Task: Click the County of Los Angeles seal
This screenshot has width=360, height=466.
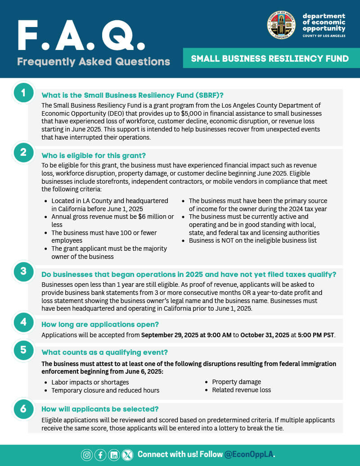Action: click(x=281, y=25)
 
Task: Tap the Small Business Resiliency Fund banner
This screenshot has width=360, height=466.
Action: click(x=270, y=59)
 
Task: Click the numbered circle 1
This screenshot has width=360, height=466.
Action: click(x=23, y=93)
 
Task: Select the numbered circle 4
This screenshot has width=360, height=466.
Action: click(x=23, y=322)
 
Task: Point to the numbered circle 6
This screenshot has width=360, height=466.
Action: click(x=23, y=408)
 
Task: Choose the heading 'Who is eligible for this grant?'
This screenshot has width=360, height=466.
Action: click(x=94, y=156)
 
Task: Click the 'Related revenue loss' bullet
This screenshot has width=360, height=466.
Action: click(x=242, y=390)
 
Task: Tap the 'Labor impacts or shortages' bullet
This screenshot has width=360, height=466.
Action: click(x=90, y=382)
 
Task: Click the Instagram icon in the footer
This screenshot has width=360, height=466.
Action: click(x=87, y=455)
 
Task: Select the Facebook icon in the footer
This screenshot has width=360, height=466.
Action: click(x=100, y=455)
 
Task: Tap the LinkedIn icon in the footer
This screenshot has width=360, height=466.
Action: click(x=114, y=455)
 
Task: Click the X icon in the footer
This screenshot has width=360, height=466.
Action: click(x=128, y=455)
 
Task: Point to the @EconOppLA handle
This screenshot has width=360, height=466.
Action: click(x=249, y=454)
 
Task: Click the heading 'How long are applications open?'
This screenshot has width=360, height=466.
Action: click(x=100, y=324)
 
